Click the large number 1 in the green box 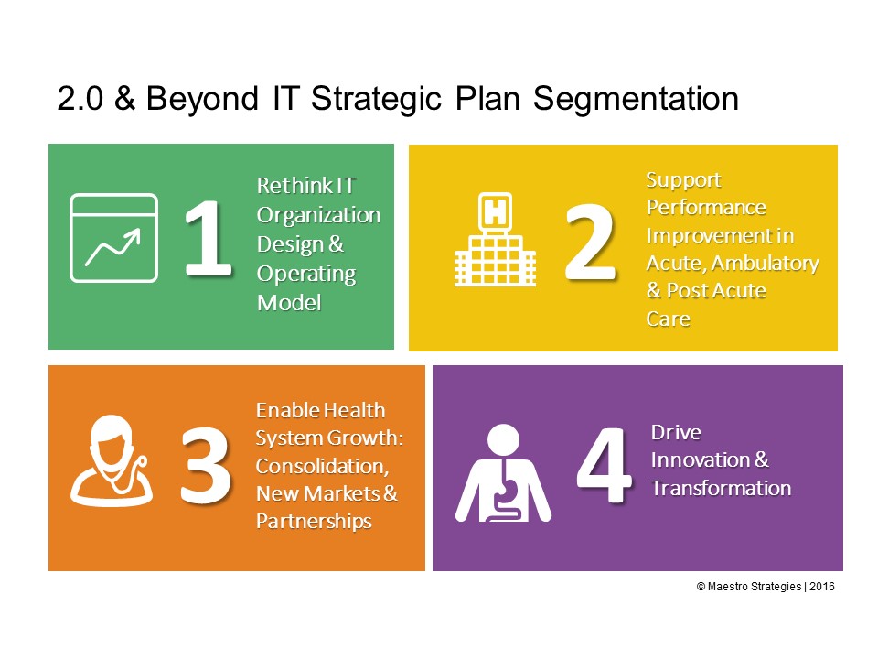pos(209,238)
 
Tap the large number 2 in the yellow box pos(590,242)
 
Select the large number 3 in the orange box pos(205,465)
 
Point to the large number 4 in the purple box pos(604,465)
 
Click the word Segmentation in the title pos(636,99)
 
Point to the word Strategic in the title pos(376,99)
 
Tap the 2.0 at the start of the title pos(80,99)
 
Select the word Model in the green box pos(289,303)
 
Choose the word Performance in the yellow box pos(706,209)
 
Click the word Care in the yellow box pos(668,319)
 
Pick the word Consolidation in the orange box pos(322,466)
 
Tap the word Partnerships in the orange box pos(314,522)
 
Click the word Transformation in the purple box pos(721,488)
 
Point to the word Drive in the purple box pos(676,432)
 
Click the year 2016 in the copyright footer pos(822,586)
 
